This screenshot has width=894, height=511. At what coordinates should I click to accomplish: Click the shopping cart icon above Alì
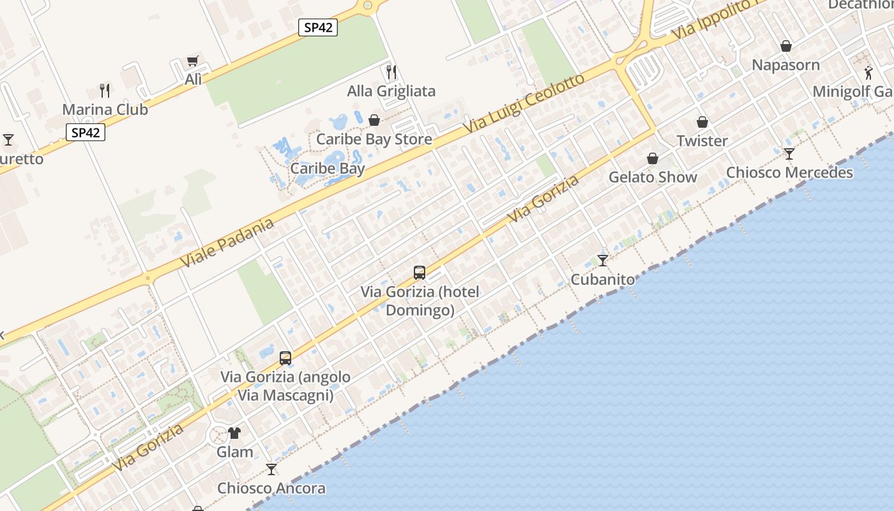click(193, 61)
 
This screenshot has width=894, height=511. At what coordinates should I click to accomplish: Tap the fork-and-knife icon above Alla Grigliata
click(391, 72)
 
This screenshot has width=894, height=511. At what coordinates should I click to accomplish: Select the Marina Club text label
click(105, 109)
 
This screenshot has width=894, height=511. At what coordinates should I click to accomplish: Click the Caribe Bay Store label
click(374, 139)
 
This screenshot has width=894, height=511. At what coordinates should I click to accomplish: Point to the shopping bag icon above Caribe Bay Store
click(374, 120)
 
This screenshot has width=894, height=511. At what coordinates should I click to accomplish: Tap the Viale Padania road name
click(227, 243)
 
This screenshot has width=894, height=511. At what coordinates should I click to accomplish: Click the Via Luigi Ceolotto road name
click(524, 103)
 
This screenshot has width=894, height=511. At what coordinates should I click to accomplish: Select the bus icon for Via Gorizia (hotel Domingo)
click(420, 273)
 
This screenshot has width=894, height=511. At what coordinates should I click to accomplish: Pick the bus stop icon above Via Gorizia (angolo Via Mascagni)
click(285, 358)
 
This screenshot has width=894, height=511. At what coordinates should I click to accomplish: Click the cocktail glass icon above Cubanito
click(602, 260)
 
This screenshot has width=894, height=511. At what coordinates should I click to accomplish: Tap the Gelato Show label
click(653, 177)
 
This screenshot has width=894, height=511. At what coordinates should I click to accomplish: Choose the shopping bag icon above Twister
click(702, 122)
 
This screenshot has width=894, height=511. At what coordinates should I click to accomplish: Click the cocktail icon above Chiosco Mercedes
click(789, 154)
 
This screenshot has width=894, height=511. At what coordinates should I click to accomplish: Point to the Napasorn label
click(785, 65)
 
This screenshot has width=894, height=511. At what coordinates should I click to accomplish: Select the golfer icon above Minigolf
click(868, 72)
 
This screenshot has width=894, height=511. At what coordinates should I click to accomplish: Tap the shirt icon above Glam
click(234, 433)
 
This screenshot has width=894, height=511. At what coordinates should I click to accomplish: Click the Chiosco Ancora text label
click(271, 489)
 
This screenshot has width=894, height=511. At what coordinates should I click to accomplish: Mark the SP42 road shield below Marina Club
click(86, 132)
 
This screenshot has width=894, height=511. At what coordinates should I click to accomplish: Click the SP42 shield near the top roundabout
click(317, 27)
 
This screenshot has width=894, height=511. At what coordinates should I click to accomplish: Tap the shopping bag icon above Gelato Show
click(653, 158)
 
